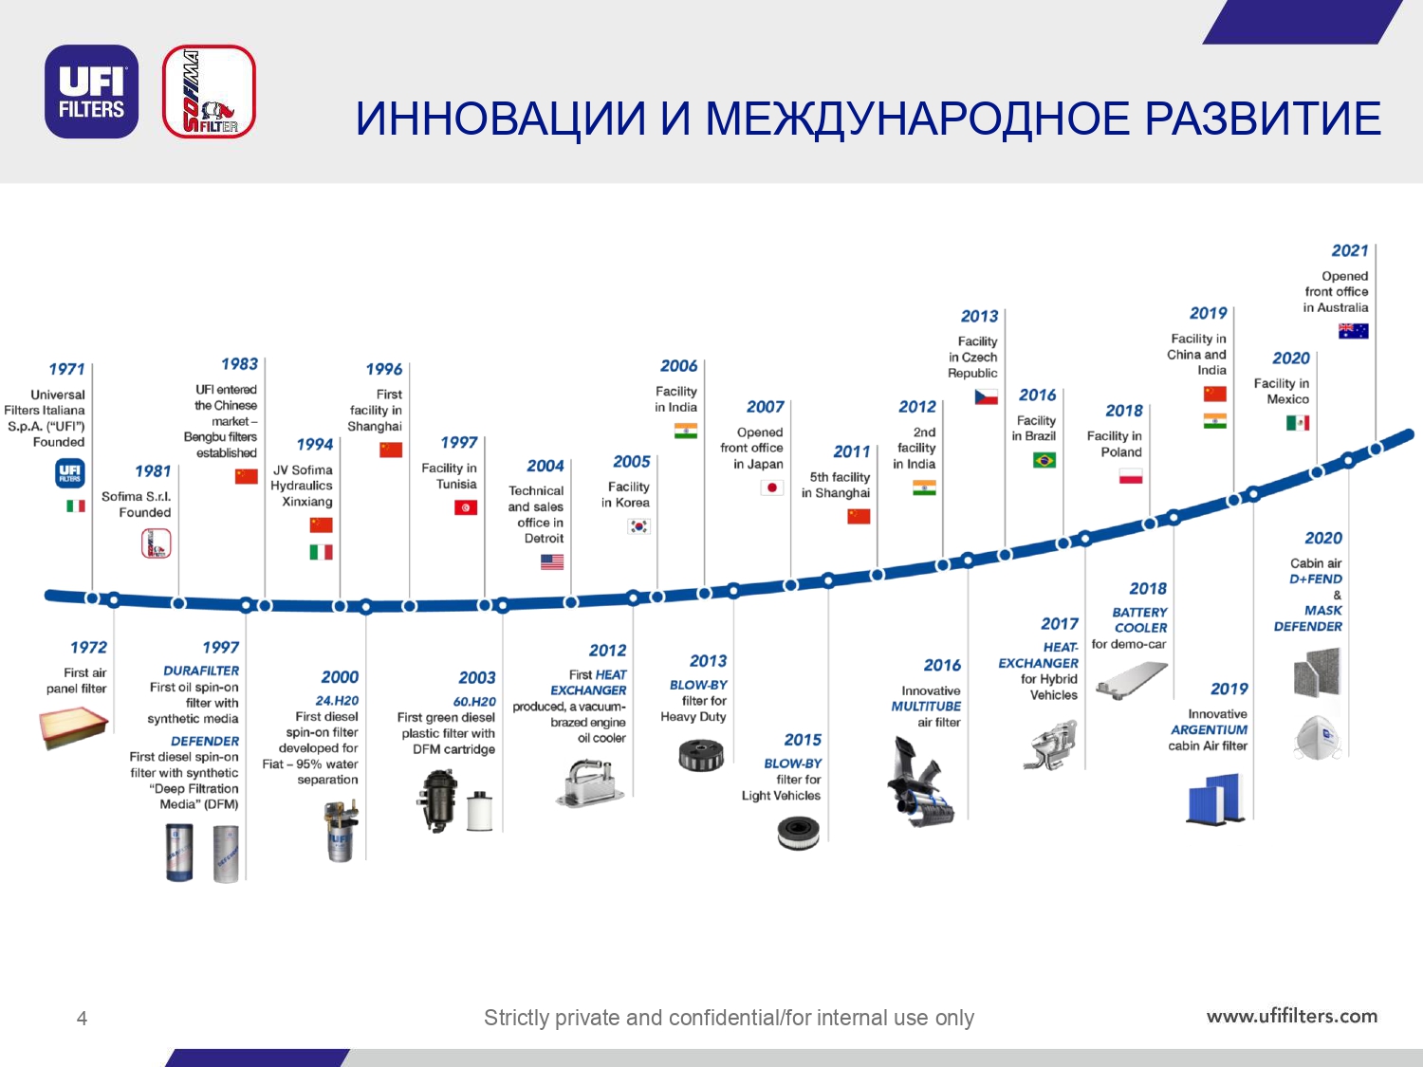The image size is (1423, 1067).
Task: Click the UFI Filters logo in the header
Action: pos(91,91)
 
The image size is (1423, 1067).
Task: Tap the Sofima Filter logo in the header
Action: pos(209,91)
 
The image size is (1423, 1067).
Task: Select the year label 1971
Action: pos(66,369)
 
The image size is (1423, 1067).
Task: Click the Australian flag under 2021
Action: pos(1353,331)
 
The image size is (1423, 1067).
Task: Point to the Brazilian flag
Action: pos(1044,460)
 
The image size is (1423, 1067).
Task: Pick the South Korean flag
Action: pos(638,526)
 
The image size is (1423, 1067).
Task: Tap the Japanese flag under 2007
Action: pos(771,488)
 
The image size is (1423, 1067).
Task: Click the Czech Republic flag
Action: pos(986,396)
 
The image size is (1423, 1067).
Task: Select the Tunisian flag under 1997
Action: pos(466,507)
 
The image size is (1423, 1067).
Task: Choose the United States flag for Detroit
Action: pos(552,561)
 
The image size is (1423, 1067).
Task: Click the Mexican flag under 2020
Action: pos(1297,423)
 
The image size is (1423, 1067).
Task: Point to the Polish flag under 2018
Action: pos(1131,476)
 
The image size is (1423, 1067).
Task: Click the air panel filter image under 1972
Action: pos(73,727)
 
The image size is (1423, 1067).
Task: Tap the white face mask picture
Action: pos(1318,737)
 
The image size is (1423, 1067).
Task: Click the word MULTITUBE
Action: pos(926,707)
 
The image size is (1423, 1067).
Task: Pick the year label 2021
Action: pos(1350,250)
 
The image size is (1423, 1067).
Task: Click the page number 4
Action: pos(82,1019)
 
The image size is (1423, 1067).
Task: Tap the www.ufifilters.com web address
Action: pos(1291,1016)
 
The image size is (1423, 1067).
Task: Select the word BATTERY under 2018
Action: pos(1139,612)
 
